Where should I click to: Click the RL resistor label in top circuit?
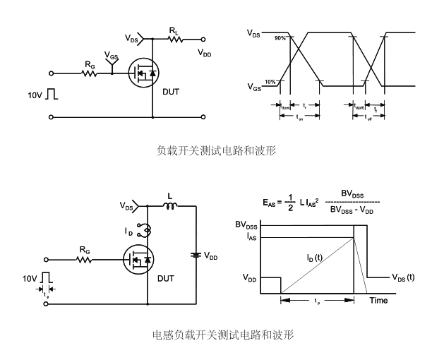(173, 30)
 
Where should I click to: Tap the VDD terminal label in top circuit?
(204, 53)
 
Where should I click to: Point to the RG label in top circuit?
(90, 64)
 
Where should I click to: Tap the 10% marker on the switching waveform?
(270, 82)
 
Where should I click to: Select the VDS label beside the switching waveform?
(254, 33)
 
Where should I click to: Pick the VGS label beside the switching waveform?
(254, 88)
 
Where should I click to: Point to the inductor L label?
(169, 196)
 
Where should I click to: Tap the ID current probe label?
(130, 230)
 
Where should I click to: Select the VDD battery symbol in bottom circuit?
(195, 256)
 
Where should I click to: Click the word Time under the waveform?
(379, 301)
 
